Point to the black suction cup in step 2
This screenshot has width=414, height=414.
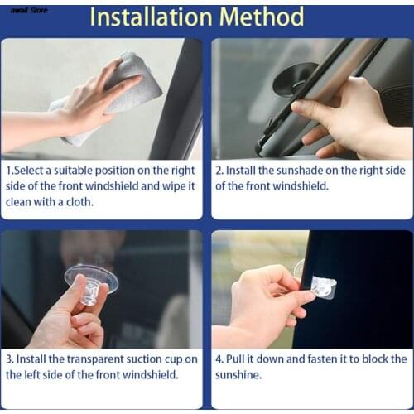pos(295,79)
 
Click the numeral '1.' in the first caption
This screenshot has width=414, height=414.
pos(11,170)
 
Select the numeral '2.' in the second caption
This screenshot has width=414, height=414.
pos(220,170)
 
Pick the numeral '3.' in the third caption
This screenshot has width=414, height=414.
pos(11,359)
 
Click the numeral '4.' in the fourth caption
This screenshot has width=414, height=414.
pos(220,359)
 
